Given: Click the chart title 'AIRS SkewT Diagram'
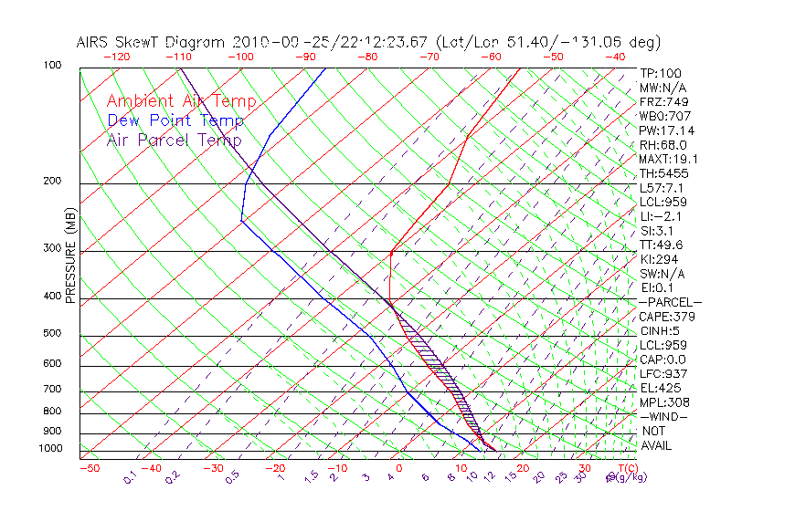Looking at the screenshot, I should click(x=152, y=42).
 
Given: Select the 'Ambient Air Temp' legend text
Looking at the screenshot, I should click(x=181, y=101).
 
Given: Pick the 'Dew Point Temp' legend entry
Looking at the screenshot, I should click(x=175, y=120).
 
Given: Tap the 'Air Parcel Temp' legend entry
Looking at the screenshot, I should click(x=174, y=140).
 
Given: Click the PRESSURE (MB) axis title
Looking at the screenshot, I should click(x=70, y=255).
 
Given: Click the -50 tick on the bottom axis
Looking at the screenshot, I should click(x=89, y=468).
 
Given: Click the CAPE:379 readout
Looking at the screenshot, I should click(x=667, y=317).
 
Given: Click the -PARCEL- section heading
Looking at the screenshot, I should click(x=670, y=302).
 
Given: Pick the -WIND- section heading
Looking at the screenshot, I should click(x=664, y=416).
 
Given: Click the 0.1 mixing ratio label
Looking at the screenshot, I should click(x=131, y=477).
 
